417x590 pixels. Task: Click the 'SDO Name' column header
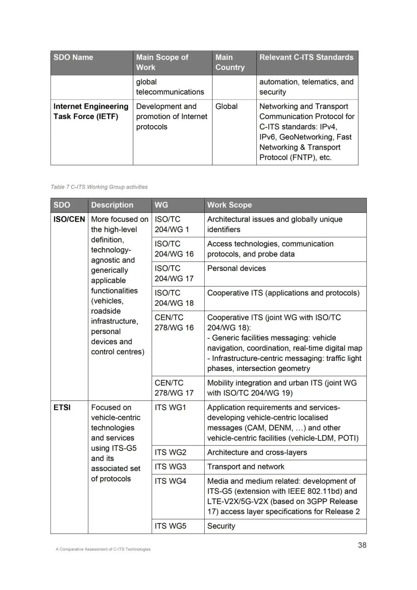73,58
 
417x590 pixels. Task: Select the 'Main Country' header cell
230,63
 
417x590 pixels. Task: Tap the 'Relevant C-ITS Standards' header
306,58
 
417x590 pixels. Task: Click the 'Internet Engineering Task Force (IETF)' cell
91,111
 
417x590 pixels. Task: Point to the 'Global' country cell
227,107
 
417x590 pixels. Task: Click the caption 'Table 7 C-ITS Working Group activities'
99,187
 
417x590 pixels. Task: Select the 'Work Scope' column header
229,205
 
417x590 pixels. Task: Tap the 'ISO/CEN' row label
69,219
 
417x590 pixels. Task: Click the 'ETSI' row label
62,408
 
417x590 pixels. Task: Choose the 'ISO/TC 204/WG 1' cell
172,224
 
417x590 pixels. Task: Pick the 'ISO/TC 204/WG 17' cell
174,274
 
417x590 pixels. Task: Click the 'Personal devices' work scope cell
237,269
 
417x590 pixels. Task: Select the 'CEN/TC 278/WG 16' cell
174,323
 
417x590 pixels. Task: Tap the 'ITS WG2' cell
171,452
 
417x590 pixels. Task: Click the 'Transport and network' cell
246,467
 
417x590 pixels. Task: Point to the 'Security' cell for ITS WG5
221,526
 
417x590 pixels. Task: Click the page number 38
362,545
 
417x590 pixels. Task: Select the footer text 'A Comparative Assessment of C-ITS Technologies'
103,549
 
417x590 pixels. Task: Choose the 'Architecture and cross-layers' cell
257,452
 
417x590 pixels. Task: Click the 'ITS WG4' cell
171,481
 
